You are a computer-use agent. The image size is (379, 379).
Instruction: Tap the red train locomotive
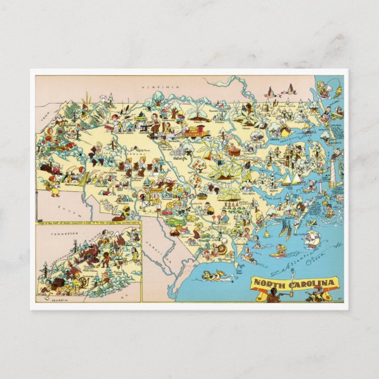(x=197, y=131)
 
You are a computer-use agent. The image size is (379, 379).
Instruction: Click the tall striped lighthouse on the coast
(x=335, y=175)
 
